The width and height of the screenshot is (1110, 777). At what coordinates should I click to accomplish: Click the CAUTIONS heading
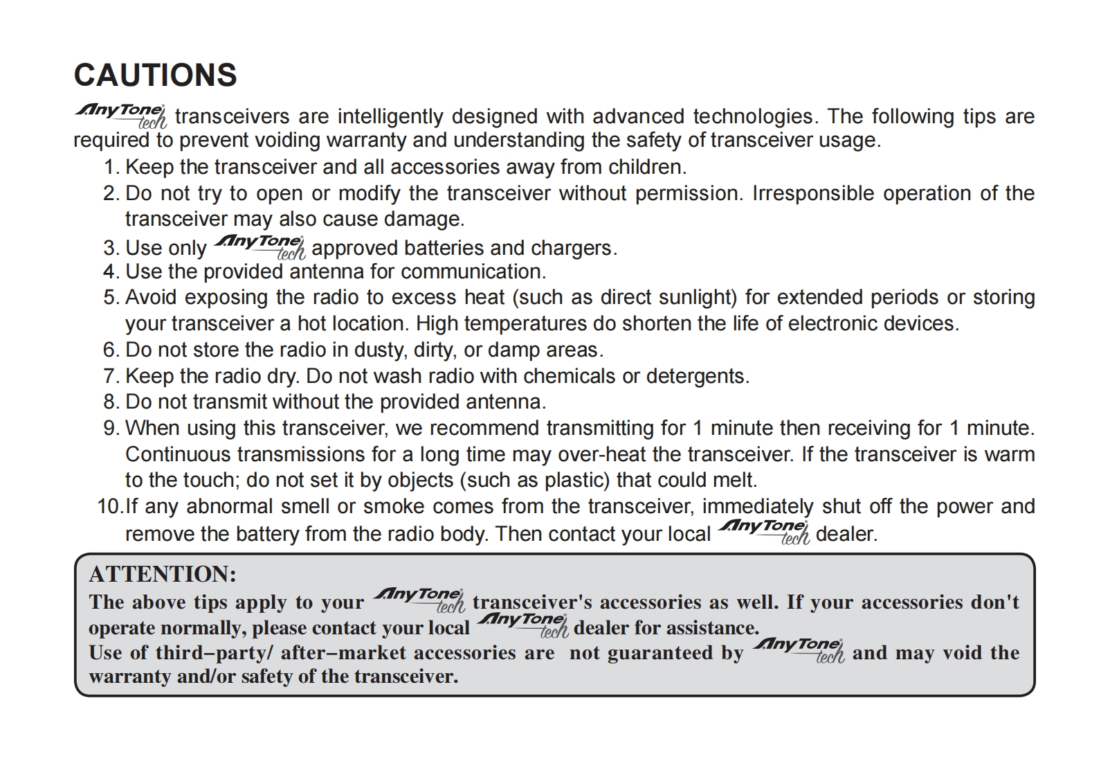[155, 75]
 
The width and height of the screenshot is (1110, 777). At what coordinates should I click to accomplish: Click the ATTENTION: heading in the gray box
[163, 574]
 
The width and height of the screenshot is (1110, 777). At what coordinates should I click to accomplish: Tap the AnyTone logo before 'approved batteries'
[260, 247]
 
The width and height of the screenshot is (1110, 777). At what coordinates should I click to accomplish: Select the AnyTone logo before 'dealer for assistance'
[522, 625]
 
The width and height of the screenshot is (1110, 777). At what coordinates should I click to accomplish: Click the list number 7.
[111, 376]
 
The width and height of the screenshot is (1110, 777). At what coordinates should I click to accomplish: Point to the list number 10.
[109, 506]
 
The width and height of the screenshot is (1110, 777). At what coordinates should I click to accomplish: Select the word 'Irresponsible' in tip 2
[813, 193]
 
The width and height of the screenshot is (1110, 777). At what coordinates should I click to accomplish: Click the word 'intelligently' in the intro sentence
[391, 116]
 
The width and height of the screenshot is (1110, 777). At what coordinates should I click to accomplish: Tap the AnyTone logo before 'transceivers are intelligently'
[120, 116]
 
